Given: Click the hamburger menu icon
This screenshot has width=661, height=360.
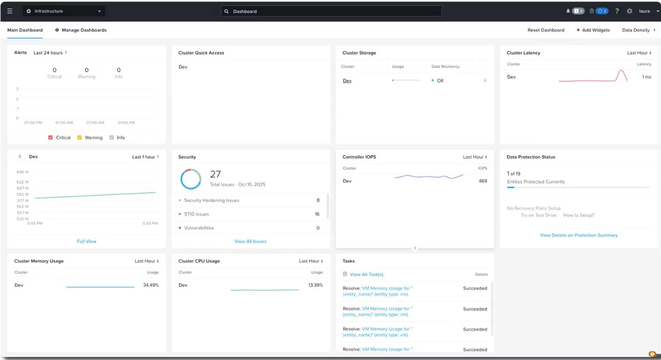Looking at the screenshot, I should (x=10, y=11).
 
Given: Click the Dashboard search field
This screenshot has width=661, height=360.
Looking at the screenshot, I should (x=331, y=11).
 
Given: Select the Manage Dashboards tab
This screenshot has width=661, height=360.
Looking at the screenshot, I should (x=81, y=30).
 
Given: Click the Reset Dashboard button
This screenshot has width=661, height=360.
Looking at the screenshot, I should (x=545, y=30).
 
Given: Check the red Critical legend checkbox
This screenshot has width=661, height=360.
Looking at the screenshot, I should (x=51, y=138).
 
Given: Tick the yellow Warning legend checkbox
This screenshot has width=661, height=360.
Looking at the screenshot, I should (x=80, y=138).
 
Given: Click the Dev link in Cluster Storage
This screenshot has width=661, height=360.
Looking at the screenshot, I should (x=347, y=81).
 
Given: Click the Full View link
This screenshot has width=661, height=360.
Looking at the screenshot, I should (x=86, y=241).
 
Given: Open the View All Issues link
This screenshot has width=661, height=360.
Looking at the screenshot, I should (x=250, y=241).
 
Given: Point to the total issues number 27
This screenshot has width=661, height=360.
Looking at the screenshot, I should (x=215, y=174).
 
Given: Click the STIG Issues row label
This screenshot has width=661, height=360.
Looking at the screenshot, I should (x=196, y=214).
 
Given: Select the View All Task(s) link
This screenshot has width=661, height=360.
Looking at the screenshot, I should (x=366, y=275).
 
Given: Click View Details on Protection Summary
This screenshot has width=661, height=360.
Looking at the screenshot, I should (x=579, y=235).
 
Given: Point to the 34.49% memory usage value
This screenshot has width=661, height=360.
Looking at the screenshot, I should (x=151, y=285).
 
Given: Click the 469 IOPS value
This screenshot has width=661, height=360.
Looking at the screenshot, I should (x=483, y=181).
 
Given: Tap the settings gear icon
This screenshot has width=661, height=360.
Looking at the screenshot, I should (x=629, y=11).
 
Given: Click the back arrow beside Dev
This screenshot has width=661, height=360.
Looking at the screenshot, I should (x=20, y=157).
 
